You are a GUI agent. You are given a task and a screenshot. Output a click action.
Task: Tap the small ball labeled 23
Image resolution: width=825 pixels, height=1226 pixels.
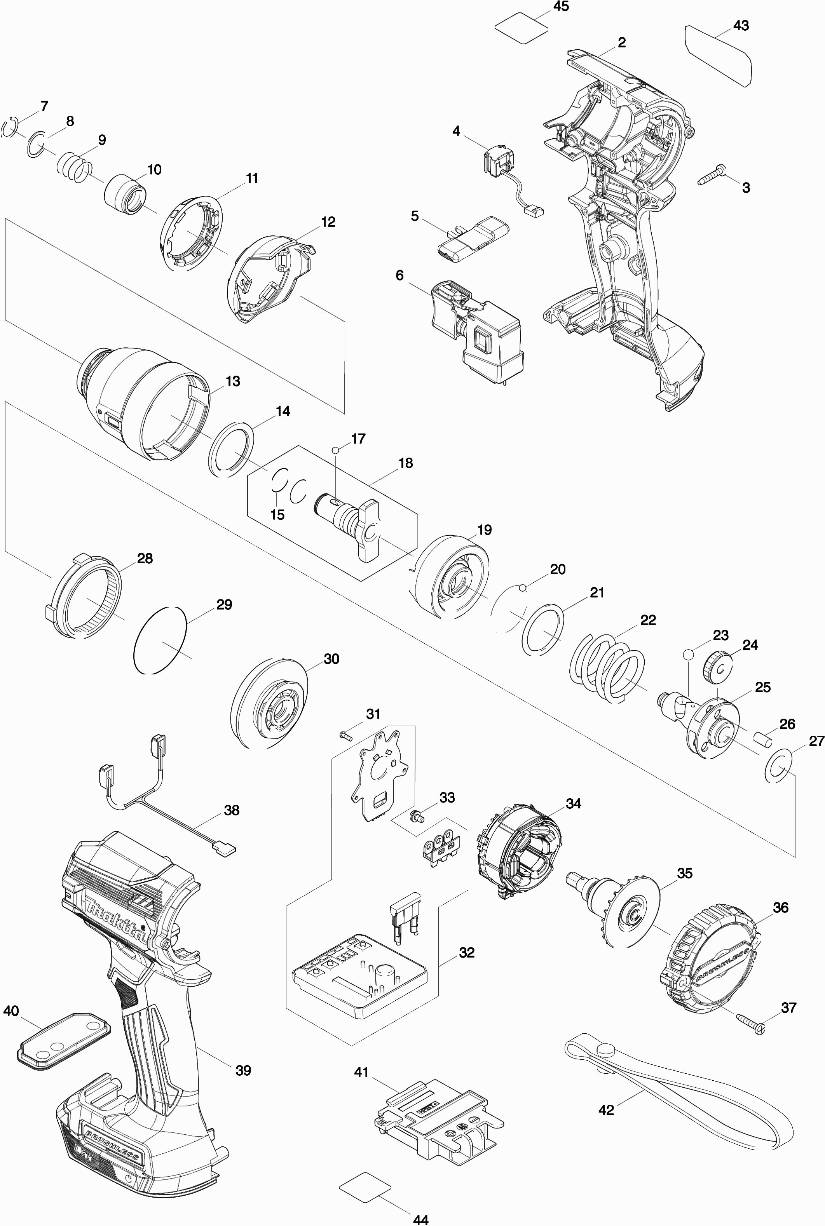688,654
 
